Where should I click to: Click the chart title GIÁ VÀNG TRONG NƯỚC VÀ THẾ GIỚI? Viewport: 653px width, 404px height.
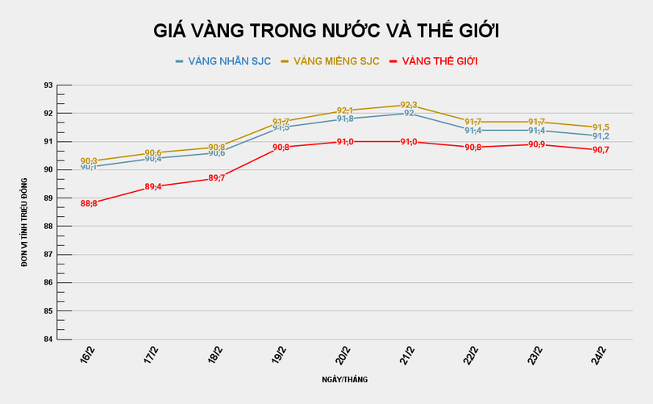[x=326, y=31]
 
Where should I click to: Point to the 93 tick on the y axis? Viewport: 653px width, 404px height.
[x=48, y=85]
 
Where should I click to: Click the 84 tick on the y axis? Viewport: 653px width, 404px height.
[x=48, y=339]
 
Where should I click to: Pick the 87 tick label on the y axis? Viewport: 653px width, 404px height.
[x=48, y=254]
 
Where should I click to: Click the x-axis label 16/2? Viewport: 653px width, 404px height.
[x=87, y=354]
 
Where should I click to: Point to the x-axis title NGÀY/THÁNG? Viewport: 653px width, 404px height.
[x=346, y=379]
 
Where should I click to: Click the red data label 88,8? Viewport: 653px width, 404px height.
[x=89, y=203]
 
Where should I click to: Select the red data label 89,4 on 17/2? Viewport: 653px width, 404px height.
[x=153, y=186]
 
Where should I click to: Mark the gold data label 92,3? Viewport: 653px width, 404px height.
[x=409, y=105]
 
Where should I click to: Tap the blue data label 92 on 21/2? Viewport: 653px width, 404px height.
[x=409, y=114]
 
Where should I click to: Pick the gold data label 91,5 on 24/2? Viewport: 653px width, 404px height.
[x=601, y=127]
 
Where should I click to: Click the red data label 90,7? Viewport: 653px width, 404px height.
[x=601, y=150]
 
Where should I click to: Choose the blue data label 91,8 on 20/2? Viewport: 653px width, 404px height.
[x=345, y=119]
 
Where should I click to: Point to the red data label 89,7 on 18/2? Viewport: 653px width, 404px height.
[x=217, y=178]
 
